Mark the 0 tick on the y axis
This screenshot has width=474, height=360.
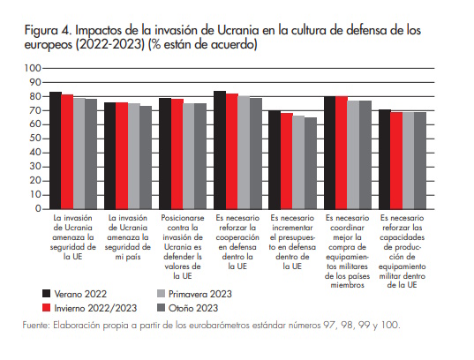38,209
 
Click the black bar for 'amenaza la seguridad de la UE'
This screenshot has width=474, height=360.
56,150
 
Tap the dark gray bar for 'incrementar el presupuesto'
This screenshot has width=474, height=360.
310,163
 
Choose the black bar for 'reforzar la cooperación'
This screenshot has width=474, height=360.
220,150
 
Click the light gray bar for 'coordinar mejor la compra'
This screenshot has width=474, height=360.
353,154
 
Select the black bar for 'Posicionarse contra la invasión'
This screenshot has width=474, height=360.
165,154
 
